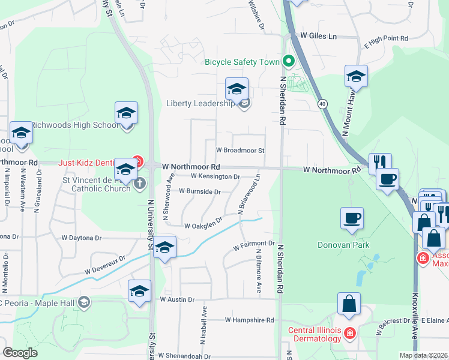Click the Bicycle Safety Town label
point(243,62)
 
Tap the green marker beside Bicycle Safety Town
point(289,61)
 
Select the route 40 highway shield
point(322,104)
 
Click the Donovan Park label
point(343,245)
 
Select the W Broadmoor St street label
point(240,150)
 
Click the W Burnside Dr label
point(199,192)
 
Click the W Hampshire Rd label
point(249,320)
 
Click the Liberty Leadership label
point(200,104)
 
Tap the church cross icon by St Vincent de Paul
point(140,183)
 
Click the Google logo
point(20,353)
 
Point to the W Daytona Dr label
point(82,238)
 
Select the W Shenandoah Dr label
point(185,356)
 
